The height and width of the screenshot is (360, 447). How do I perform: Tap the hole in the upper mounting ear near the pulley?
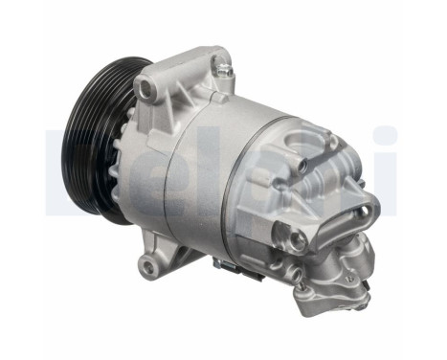coord(145,89)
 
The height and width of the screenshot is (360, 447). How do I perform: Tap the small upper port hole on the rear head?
coord(302,167)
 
